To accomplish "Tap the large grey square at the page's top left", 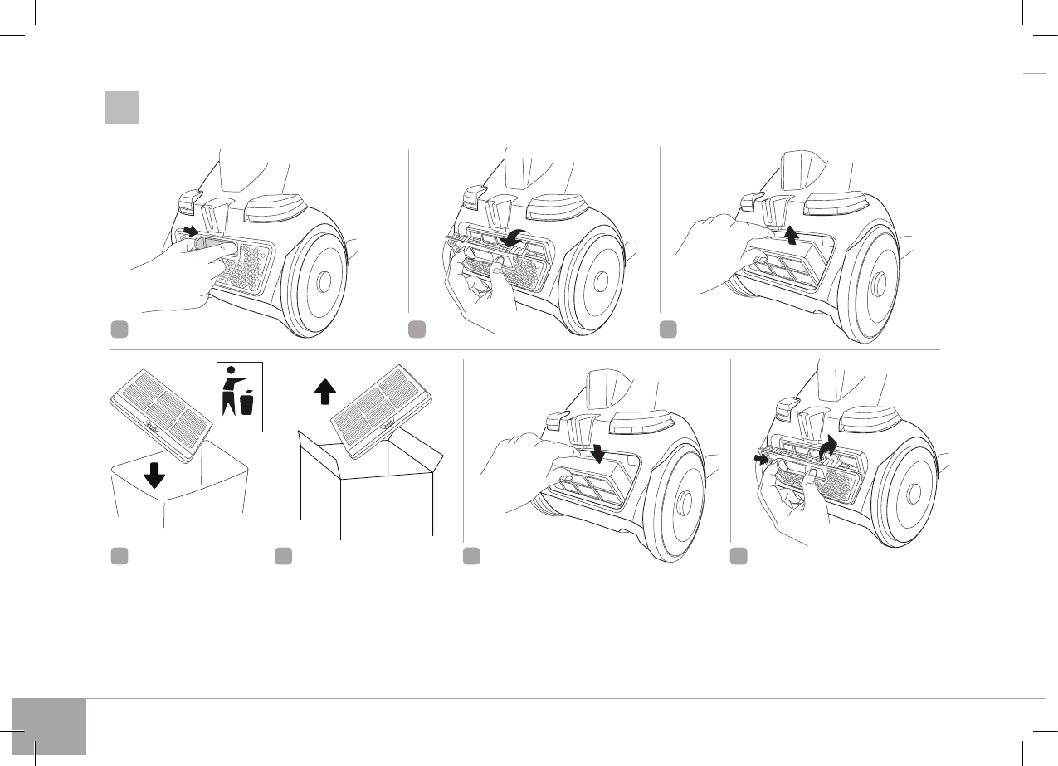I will point(121,108).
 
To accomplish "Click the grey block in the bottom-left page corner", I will point(49,726).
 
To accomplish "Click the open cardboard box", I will point(366,490).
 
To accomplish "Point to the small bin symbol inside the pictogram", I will point(247,404).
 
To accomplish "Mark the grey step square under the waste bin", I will point(119,556).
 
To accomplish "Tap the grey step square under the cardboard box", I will point(284,556).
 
